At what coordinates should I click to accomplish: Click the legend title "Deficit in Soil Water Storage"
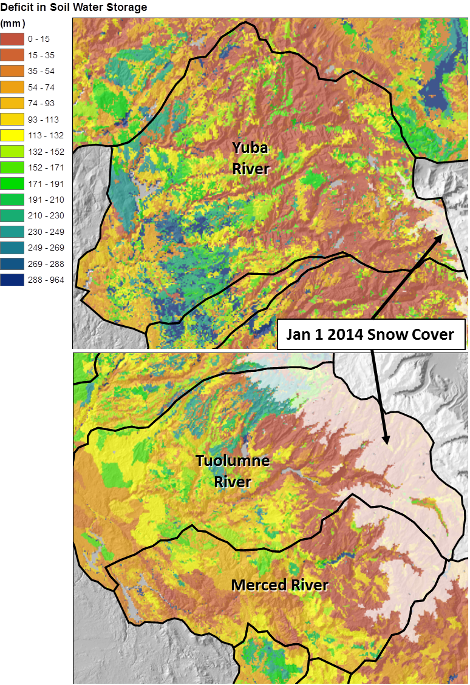pyautogui.click(x=73, y=8)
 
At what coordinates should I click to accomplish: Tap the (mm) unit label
pyautogui.click(x=12, y=24)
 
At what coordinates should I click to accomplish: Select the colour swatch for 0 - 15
pyautogui.click(x=12, y=39)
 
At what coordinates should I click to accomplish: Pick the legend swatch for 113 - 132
pyautogui.click(x=12, y=135)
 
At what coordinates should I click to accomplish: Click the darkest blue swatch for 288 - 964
pyautogui.click(x=12, y=280)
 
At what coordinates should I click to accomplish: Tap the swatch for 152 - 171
pyautogui.click(x=12, y=167)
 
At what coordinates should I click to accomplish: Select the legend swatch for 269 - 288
pyautogui.click(x=12, y=264)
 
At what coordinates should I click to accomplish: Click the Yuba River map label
pyautogui.click(x=250, y=158)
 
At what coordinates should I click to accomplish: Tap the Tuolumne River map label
pyautogui.click(x=233, y=471)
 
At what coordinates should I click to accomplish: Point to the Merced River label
pyautogui.click(x=279, y=585)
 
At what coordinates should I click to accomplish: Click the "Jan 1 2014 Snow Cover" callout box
pyautogui.click(x=371, y=334)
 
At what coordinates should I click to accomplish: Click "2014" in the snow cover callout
pyautogui.click(x=340, y=334)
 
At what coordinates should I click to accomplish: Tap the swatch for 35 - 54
pyautogui.click(x=12, y=71)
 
